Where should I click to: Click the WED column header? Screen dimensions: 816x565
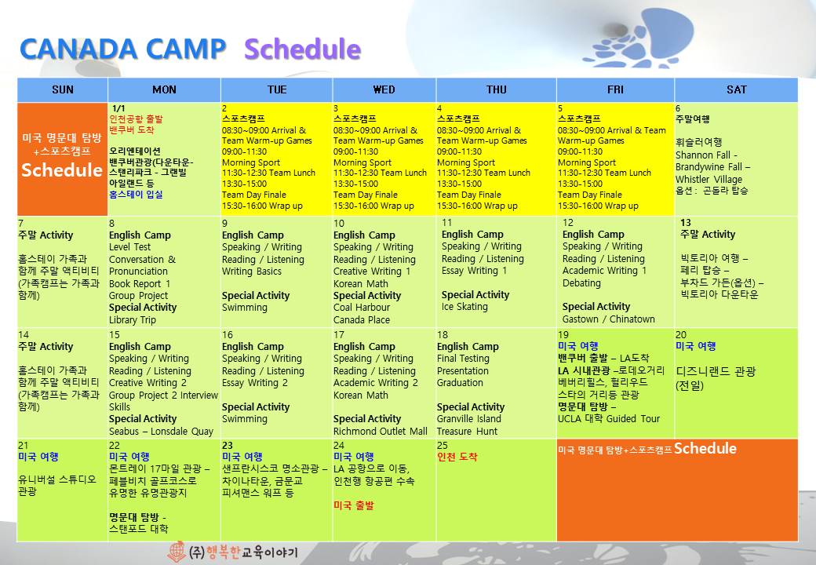click(384, 89)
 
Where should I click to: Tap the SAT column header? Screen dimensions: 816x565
click(737, 89)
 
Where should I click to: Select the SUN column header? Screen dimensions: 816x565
click(63, 89)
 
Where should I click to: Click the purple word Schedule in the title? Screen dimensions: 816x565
click(302, 49)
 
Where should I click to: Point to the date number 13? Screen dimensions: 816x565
click(686, 223)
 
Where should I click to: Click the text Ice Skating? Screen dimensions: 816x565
click(464, 307)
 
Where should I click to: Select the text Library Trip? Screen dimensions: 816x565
click(133, 320)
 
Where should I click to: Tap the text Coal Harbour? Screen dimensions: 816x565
click(362, 308)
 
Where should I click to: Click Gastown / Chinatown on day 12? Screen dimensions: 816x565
click(608, 319)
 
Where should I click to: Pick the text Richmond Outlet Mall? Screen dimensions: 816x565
click(381, 432)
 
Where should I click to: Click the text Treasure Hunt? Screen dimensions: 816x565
click(468, 432)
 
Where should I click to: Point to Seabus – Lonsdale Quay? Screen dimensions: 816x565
click(162, 432)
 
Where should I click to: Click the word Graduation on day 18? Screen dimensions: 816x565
click(460, 383)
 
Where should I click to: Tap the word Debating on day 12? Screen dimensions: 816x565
click(581, 283)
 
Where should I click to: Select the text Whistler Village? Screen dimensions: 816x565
click(709, 179)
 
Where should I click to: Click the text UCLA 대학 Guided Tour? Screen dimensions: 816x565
click(609, 419)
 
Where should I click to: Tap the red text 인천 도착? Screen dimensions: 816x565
click(457, 457)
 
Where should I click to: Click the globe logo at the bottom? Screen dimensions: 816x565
click(177, 552)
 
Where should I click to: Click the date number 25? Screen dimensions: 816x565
click(443, 446)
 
